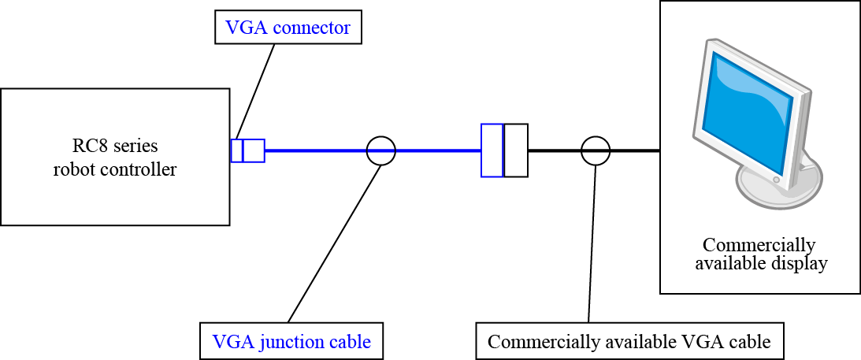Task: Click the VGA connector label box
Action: click(x=288, y=28)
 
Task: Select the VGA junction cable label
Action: click(x=291, y=342)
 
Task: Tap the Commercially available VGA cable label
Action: click(x=629, y=342)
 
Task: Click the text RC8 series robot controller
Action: click(x=115, y=158)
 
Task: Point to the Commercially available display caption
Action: click(x=760, y=254)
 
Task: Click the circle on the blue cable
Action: click(x=381, y=150)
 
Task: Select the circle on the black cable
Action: click(x=596, y=150)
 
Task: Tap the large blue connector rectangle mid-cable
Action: click(x=492, y=150)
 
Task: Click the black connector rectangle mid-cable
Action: click(x=516, y=150)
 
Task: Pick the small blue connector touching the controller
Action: click(x=247, y=150)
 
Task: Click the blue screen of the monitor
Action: click(x=749, y=110)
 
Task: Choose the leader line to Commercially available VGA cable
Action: click(x=592, y=244)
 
